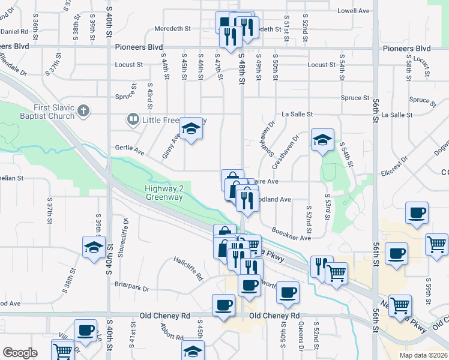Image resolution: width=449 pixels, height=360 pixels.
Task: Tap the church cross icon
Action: click(x=83, y=111)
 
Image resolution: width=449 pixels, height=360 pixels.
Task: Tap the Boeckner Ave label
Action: click(x=291, y=234)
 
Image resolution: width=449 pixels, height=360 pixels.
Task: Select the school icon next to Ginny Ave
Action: click(x=191, y=129)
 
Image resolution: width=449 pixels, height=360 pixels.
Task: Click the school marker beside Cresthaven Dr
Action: click(x=322, y=140)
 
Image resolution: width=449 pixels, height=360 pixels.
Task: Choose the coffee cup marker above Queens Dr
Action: click(x=288, y=292)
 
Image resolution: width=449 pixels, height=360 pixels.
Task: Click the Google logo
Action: click(x=20, y=353)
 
